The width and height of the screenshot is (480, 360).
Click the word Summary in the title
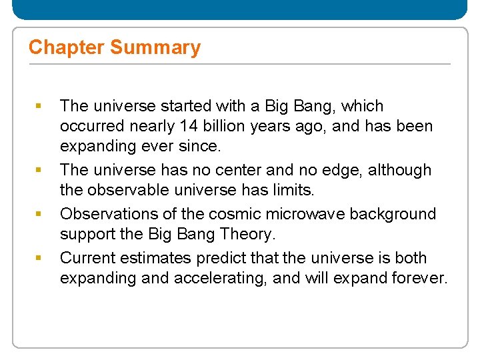click(x=155, y=48)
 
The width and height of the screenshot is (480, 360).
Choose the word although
click(x=399, y=170)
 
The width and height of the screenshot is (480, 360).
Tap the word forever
click(x=420, y=278)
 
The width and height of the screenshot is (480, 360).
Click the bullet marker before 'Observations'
click(x=38, y=214)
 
